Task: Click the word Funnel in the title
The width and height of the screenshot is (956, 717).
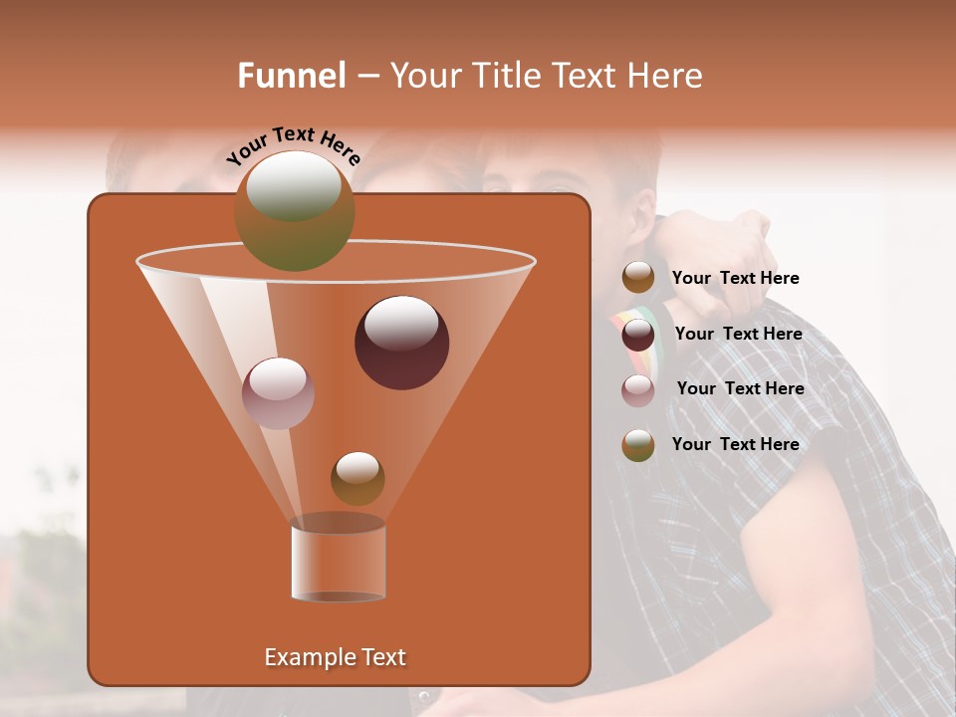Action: pos(292,76)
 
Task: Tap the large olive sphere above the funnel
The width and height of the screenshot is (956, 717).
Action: pos(294,211)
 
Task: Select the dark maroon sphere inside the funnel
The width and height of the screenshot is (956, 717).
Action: pos(401,343)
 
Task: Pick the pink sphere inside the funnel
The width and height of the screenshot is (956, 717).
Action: pos(278,393)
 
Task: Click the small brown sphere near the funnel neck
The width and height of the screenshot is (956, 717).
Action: pos(358,478)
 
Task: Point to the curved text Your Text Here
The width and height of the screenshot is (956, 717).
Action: pos(294,145)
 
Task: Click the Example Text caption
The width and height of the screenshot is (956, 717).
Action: pos(335,657)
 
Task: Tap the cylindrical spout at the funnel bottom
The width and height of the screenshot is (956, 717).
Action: pos(339,560)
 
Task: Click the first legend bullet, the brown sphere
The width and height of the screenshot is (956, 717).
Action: pos(638,278)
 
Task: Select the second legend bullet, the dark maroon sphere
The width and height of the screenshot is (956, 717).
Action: pos(638,335)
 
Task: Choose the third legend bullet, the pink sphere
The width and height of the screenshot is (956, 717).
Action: pos(638,390)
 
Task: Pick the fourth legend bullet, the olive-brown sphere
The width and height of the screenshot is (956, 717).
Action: pos(638,445)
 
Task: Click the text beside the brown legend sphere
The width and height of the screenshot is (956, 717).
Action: pos(735,278)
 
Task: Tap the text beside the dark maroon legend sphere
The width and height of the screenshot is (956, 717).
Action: pos(738,334)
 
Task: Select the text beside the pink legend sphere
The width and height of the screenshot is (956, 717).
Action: pos(740,388)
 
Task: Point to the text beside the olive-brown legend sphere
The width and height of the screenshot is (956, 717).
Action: pos(735,444)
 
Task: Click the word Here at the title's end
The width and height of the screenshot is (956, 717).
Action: pos(665,76)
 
